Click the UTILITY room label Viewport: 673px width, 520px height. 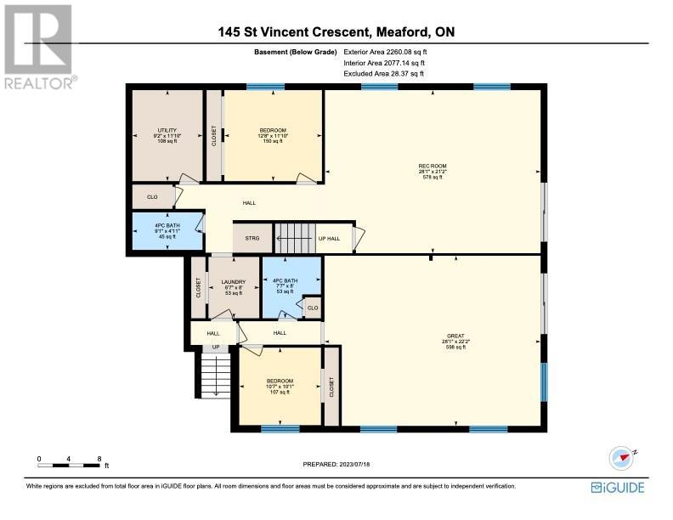click(167, 130)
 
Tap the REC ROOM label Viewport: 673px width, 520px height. click(433, 166)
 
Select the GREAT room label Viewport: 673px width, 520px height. click(455, 336)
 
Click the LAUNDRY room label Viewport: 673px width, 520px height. click(234, 282)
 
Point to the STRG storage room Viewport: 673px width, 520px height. click(252, 238)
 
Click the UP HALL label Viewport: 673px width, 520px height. click(329, 239)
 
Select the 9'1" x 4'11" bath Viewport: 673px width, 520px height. click(167, 231)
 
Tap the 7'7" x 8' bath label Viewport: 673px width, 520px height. click(285, 285)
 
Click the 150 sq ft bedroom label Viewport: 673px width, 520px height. click(273, 136)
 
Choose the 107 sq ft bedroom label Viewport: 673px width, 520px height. click(280, 386)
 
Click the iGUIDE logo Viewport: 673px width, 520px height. click(618, 488)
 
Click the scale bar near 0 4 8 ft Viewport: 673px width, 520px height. click(69, 465)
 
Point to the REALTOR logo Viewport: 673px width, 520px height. click(40, 47)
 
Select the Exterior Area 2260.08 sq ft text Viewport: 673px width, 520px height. click(385, 52)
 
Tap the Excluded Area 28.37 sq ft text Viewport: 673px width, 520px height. click(384, 73)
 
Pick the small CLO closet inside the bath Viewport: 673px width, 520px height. click(313, 308)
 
